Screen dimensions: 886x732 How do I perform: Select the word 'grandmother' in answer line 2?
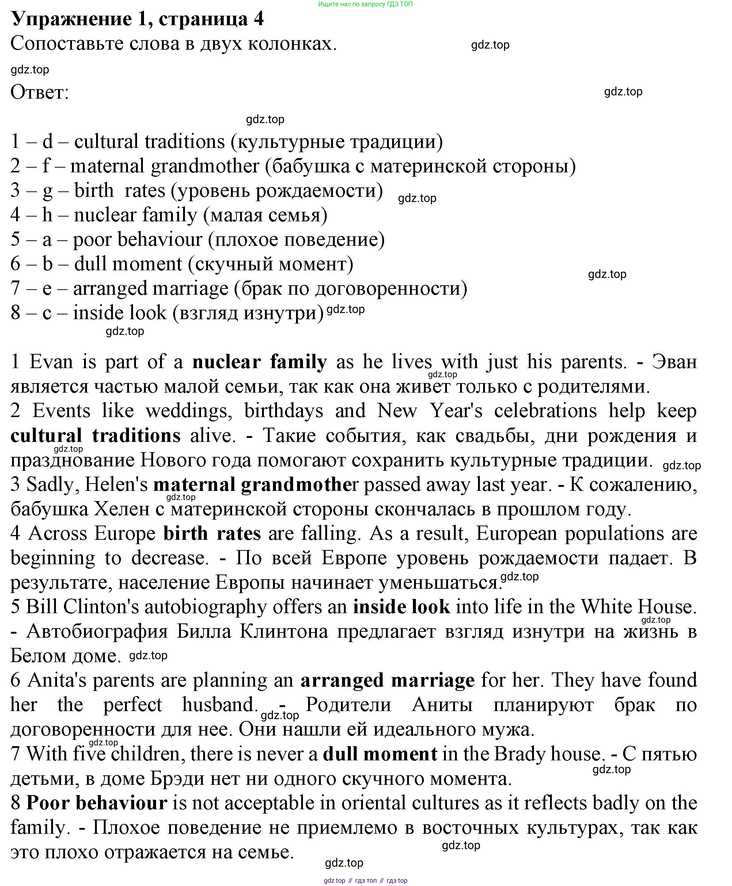point(205,166)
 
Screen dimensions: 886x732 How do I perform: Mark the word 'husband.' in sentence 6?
point(220,705)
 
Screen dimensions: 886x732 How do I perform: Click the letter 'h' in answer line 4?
point(47,215)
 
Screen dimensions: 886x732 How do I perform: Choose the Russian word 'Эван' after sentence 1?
point(674,362)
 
